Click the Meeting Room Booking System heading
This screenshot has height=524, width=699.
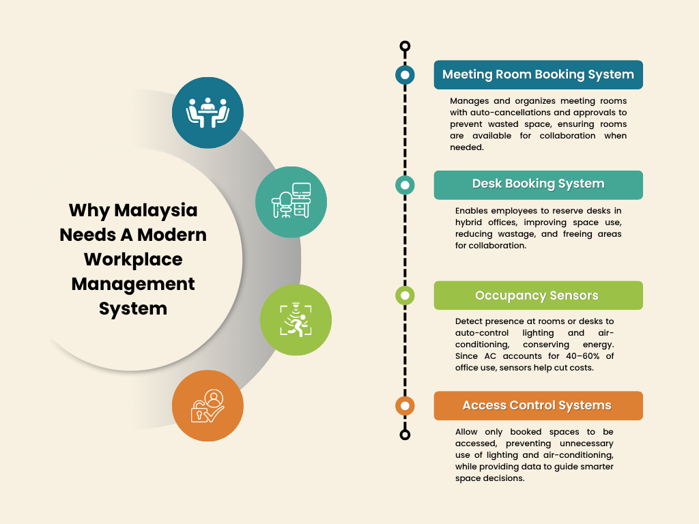pyautogui.click(x=538, y=74)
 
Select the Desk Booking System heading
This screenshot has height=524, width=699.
pyautogui.click(x=538, y=184)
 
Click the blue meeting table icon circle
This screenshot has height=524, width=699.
pyautogui.click(x=208, y=113)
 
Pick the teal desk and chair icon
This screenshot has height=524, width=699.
pyautogui.click(x=291, y=202)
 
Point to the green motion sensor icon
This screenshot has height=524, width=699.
pyautogui.click(x=296, y=320)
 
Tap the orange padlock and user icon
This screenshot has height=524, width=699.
pyautogui.click(x=208, y=406)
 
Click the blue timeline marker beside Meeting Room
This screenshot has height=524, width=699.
pyautogui.click(x=405, y=74)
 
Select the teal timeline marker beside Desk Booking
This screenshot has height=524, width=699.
pyautogui.click(x=405, y=185)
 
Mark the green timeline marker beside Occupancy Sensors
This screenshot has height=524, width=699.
pyautogui.click(x=405, y=295)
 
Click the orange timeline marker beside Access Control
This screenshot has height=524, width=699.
pyautogui.click(x=405, y=406)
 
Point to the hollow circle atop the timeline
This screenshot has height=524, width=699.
pyautogui.click(x=405, y=46)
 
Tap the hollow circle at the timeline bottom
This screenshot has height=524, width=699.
pyautogui.click(x=405, y=435)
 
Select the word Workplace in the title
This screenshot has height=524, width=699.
pyautogui.click(x=133, y=259)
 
